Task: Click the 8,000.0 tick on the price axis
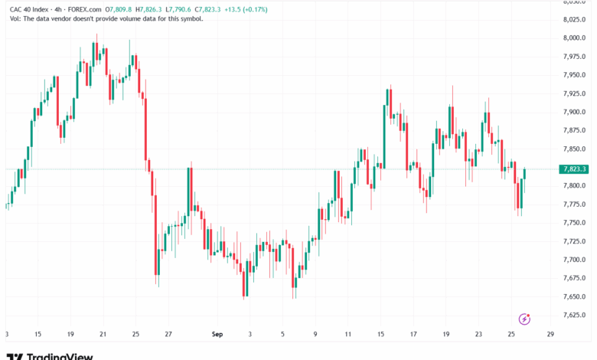coord(574,38)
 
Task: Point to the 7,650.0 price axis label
coord(574,296)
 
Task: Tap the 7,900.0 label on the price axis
coord(574,112)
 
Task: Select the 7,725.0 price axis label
coord(574,241)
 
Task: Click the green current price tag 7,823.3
coord(574,169)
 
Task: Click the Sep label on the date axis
coord(217,334)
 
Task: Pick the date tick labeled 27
coord(168,334)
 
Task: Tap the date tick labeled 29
coord(550,334)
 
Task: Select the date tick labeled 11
coord(348,334)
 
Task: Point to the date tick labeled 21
coord(103,334)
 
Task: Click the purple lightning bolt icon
coord(524,319)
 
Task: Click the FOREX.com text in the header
coord(84,9)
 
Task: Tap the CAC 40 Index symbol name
coord(29,9)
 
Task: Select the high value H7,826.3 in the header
coord(148,9)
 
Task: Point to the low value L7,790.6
coord(178,9)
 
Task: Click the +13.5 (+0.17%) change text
coord(246,9)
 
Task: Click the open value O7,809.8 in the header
coord(119,9)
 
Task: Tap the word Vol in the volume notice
coord(15,18)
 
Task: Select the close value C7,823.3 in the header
coord(207,9)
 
